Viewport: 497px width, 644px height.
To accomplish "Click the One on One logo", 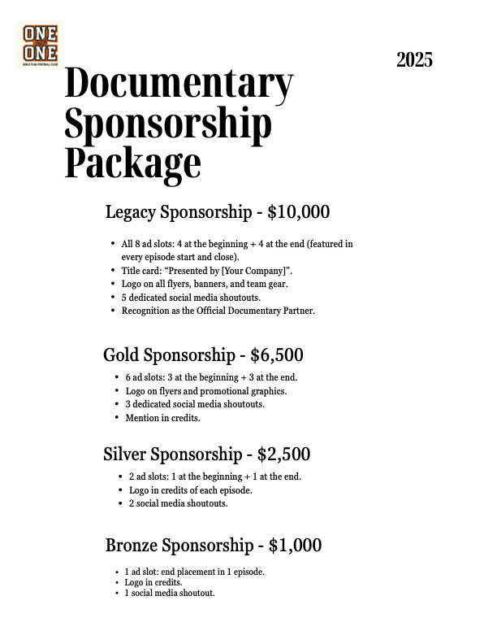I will click(x=40, y=46).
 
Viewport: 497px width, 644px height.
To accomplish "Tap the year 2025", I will click(x=414, y=59).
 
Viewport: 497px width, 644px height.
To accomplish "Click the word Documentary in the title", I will click(x=179, y=84).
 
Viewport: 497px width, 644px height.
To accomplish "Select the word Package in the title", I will click(x=132, y=162).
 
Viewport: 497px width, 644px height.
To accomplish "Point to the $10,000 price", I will click(x=299, y=213).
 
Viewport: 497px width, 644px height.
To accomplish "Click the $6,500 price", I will click(x=277, y=355).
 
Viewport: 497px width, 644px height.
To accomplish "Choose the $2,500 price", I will click(x=283, y=455).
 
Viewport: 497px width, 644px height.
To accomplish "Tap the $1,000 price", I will click(x=295, y=546).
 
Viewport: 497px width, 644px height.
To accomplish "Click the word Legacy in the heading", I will click(x=132, y=213).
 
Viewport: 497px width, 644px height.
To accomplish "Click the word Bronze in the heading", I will click(x=133, y=546).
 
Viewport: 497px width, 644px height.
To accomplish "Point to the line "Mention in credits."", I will click(x=162, y=418).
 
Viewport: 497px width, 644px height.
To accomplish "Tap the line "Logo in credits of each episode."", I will click(x=190, y=490).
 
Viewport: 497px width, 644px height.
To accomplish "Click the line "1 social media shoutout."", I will click(x=169, y=594).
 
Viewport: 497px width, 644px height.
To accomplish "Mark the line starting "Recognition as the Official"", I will click(x=218, y=311).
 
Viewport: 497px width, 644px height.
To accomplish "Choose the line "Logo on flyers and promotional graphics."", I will click(x=205, y=391).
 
